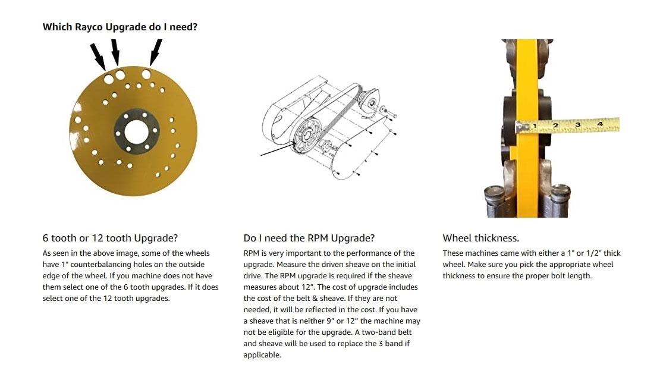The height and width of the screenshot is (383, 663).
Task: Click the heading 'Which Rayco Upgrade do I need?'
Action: [x=120, y=27]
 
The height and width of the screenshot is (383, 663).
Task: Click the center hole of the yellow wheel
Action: [x=136, y=131]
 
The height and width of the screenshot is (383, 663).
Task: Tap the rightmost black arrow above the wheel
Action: [x=156, y=52]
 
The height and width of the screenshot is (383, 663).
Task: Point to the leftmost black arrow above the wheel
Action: [x=98, y=56]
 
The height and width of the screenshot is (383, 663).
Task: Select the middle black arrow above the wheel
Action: [x=115, y=52]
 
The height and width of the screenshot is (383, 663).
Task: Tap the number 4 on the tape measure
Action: [x=599, y=124]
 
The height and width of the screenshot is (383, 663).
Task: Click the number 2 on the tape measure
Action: [x=555, y=125]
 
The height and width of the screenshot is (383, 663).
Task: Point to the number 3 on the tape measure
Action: [x=577, y=125]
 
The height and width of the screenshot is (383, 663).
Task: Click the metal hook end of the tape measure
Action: [x=521, y=127]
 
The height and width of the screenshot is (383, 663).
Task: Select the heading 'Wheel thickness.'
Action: [x=481, y=238]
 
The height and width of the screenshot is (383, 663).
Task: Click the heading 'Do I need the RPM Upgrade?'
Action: [x=309, y=238]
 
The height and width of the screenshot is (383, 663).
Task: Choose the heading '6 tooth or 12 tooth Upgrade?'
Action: [x=110, y=238]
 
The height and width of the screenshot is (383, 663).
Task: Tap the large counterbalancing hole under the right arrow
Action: [x=146, y=75]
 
